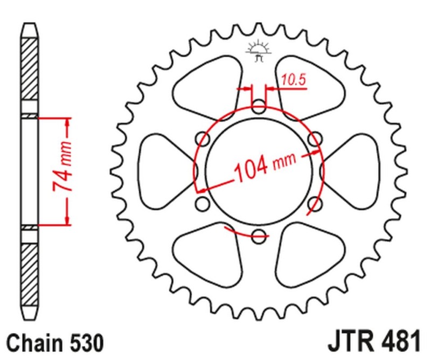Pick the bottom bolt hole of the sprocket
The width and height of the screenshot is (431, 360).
pyautogui.click(x=260, y=234)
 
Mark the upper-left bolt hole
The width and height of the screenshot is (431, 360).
pyautogui.click(x=204, y=139)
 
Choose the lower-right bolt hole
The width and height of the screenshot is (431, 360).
pyautogui.click(x=315, y=203)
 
